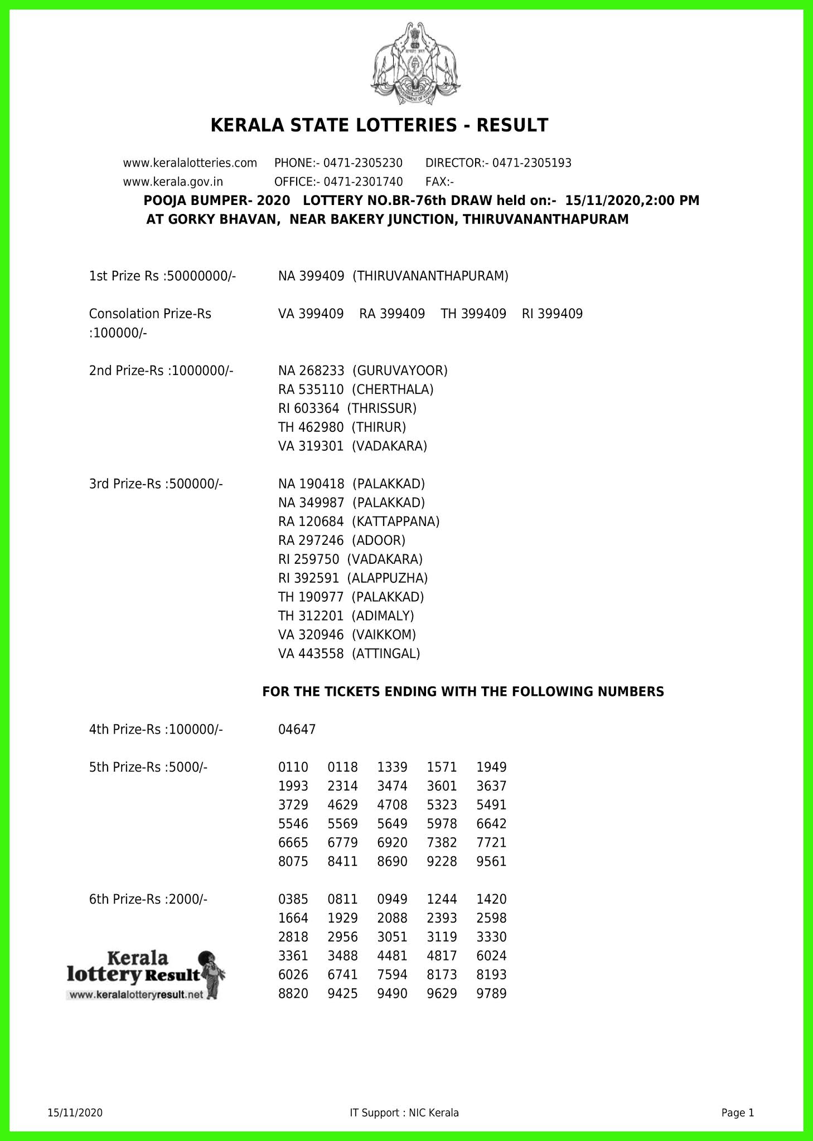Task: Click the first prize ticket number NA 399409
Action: pyautogui.click(x=311, y=276)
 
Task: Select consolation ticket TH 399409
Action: pyautogui.click(x=473, y=314)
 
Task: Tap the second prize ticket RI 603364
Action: pyautogui.click(x=308, y=408)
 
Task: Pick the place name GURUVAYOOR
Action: pyautogui.click(x=400, y=370)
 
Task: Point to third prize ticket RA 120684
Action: pyautogui.click(x=311, y=521)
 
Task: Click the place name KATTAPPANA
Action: pyautogui.click(x=396, y=521)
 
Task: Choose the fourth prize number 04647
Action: pyautogui.click(x=297, y=729)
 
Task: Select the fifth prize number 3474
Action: pyautogui.click(x=392, y=786)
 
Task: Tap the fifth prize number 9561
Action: pyautogui.click(x=491, y=861)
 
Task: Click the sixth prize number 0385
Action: pyautogui.click(x=293, y=899)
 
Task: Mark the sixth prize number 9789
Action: pyautogui.click(x=491, y=993)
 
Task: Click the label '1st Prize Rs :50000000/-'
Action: pyautogui.click(x=163, y=276)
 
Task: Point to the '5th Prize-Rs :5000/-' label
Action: pyautogui.click(x=148, y=767)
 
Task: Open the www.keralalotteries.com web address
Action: pyautogui.click(x=190, y=163)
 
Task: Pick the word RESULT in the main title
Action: pyautogui.click(x=511, y=125)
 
